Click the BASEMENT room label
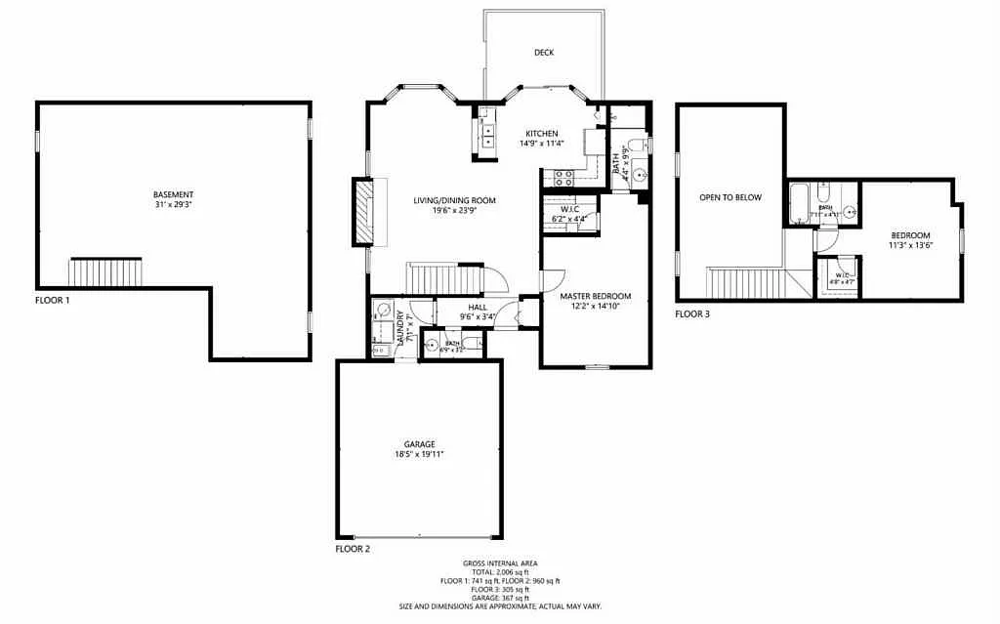173,194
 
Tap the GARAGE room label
420,444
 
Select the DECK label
544,53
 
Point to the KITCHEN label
542,134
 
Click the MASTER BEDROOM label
595,296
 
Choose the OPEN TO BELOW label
729,197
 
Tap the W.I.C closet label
569,208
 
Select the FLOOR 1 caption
53,301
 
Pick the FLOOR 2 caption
353,550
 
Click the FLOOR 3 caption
692,314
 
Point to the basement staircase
105,271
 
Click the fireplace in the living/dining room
363,212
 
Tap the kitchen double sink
486,133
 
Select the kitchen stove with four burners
563,178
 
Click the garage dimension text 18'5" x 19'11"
420,454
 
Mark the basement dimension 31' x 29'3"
173,204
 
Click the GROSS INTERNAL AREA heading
499,563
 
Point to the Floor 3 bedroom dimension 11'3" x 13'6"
910,245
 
